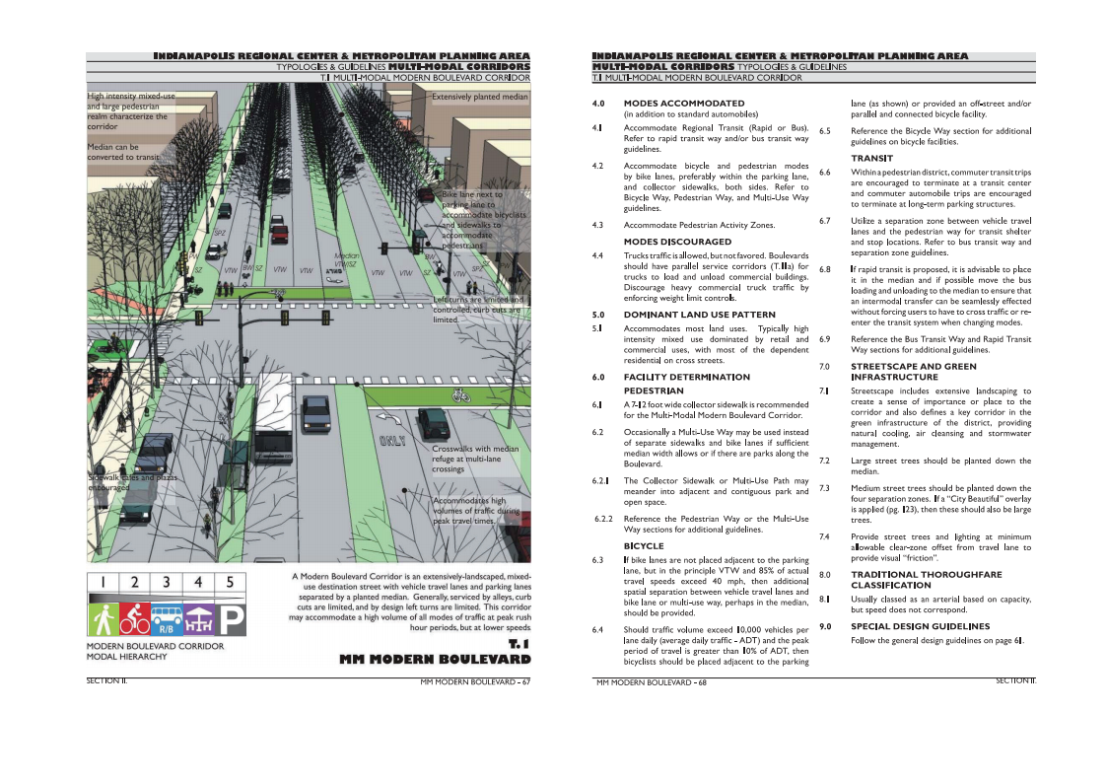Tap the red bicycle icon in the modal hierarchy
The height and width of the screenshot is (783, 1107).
tap(135, 618)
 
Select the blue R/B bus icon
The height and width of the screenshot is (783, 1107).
tap(167, 618)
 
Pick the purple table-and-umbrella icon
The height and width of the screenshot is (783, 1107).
tap(198, 619)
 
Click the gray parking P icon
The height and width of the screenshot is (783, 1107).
tap(231, 619)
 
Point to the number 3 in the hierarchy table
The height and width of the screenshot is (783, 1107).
tap(167, 582)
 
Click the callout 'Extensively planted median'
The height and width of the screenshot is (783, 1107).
tap(480, 97)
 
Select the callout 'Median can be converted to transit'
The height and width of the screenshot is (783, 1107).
tap(122, 152)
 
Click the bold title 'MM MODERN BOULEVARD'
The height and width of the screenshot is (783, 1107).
tap(435, 658)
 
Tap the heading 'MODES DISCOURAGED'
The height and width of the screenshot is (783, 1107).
tap(677, 242)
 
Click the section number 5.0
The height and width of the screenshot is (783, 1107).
tap(597, 315)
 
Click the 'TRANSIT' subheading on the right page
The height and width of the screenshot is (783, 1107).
tap(871, 158)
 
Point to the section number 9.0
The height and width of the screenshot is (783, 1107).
tap(825, 626)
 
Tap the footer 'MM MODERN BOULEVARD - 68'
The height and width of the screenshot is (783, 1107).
tap(652, 681)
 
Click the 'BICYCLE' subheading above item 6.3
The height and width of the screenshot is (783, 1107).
tap(644, 545)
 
